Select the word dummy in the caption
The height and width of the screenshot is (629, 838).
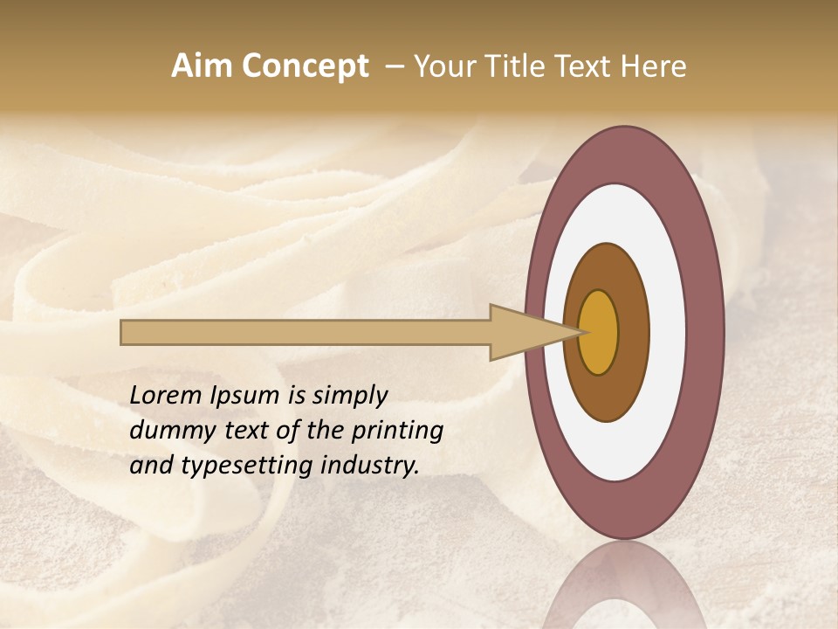168,431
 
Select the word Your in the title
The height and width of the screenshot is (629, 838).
442,66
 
